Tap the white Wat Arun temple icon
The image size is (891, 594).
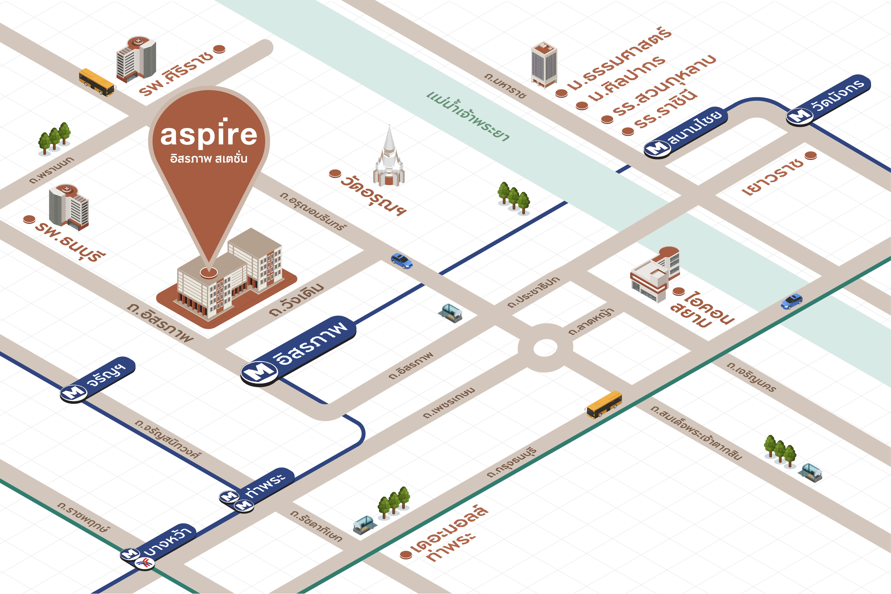[x=389, y=159]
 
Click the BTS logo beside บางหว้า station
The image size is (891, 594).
[x=145, y=563]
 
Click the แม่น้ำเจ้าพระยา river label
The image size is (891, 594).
[x=468, y=115]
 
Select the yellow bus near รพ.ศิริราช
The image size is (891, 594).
[x=96, y=82]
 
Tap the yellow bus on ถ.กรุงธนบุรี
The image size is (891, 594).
[x=604, y=404]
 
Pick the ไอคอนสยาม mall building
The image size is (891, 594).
[x=655, y=275]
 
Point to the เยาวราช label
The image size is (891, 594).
[x=773, y=176]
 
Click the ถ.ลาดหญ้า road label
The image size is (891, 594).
[x=591, y=322]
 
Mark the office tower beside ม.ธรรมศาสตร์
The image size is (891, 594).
[x=544, y=64]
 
